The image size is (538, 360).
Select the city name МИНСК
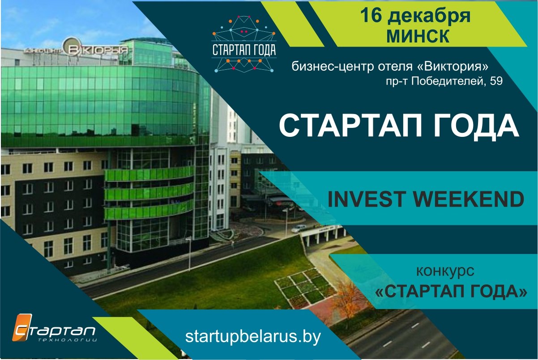pyautogui.click(x=418, y=36)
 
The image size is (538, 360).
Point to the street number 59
pyautogui.click(x=496, y=81)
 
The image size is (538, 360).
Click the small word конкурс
pyautogui.click(x=445, y=271)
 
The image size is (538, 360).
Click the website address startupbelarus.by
pyautogui.click(x=253, y=337)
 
